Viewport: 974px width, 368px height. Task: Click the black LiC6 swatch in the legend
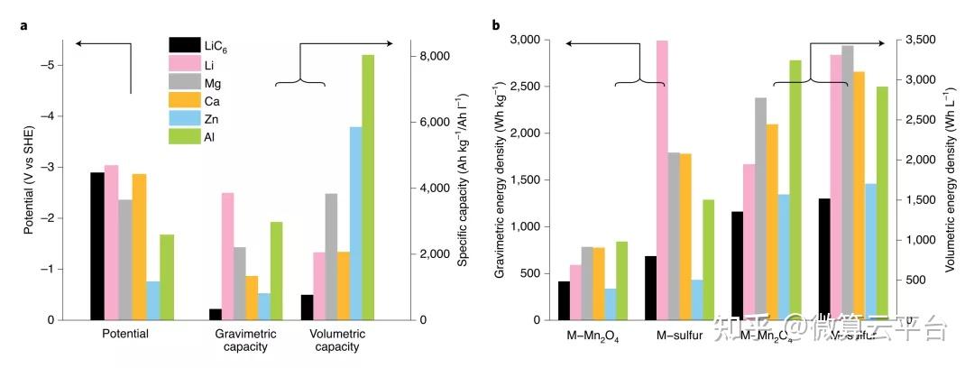[x=184, y=45]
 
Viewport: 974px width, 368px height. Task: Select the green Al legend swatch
[x=184, y=137]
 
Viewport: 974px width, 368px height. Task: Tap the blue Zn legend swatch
[x=184, y=119]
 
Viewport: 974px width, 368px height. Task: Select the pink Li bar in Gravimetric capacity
[x=228, y=256]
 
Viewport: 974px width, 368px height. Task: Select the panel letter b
[x=496, y=25]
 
